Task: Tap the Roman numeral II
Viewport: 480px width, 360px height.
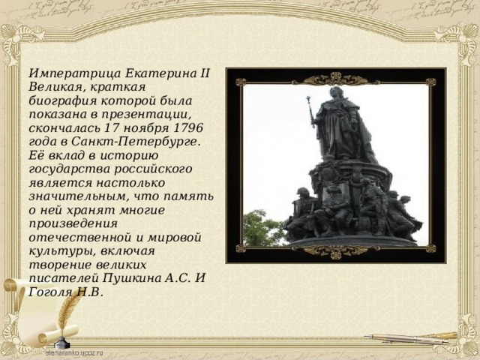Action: (205, 73)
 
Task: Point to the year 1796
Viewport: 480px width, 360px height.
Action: (188, 127)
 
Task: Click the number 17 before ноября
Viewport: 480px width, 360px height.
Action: (112, 127)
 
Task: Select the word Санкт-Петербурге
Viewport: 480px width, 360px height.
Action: (136, 142)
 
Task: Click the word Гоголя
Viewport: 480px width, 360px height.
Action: (50, 292)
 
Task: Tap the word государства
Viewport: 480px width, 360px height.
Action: (70, 169)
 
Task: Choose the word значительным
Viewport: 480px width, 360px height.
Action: (77, 196)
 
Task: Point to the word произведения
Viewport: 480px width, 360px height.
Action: (73, 223)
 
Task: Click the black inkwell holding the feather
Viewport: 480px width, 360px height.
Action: (62, 342)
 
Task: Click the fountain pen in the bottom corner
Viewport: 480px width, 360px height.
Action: (410, 338)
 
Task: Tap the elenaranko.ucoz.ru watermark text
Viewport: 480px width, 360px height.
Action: (74, 353)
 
